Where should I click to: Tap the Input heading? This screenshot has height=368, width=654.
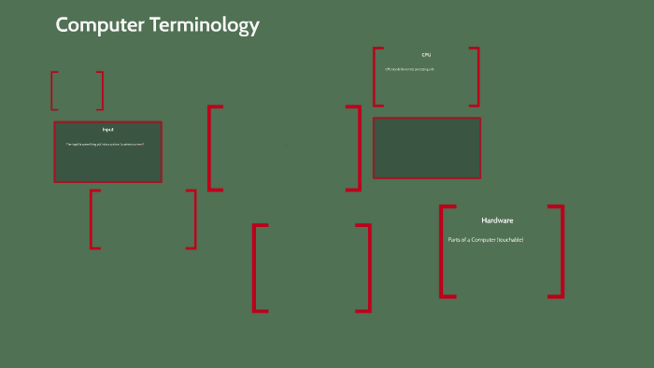107,129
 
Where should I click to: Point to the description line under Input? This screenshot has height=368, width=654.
106,144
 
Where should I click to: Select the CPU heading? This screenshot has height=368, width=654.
426,55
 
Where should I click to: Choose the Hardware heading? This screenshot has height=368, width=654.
497,220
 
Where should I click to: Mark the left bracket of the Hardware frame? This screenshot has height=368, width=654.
442,251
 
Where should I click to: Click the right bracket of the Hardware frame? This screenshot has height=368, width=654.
562,251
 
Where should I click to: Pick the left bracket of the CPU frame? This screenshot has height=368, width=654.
375,77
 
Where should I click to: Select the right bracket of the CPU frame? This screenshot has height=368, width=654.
477,77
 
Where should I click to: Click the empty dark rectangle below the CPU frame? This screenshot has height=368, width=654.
427,148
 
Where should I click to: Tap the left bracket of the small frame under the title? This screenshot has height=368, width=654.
53,91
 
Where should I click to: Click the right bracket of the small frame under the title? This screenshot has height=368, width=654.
101,91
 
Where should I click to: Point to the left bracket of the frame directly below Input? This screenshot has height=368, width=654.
92,219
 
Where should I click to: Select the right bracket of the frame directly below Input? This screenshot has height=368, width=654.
194,219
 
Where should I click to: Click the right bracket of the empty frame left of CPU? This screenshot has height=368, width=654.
358,148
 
